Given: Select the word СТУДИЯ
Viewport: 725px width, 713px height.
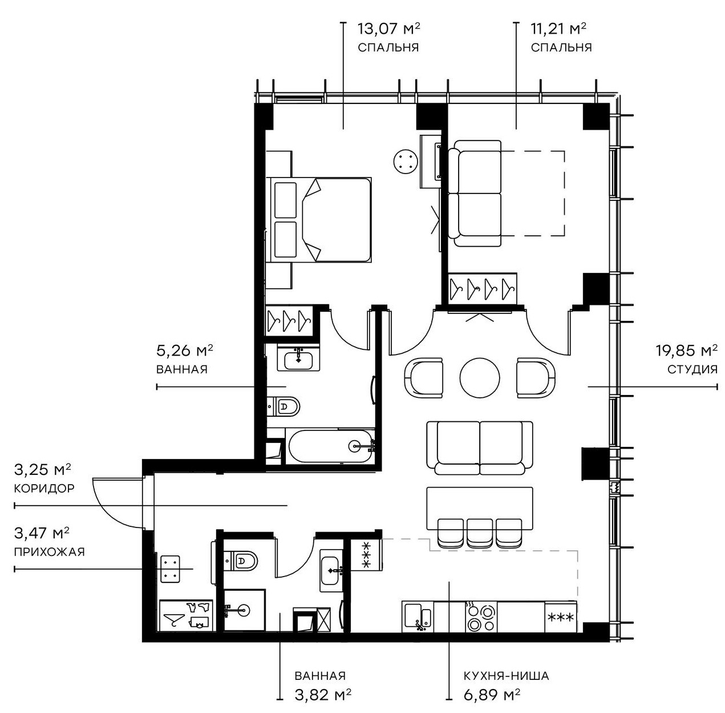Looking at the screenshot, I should [x=692, y=369].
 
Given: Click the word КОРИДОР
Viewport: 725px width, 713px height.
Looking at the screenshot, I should [x=44, y=489].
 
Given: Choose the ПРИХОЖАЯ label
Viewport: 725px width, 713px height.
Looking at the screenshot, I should [x=49, y=551].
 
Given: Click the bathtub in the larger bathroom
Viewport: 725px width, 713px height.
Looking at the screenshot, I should [x=331, y=447].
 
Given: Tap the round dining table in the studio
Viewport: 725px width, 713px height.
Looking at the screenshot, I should [x=480, y=377].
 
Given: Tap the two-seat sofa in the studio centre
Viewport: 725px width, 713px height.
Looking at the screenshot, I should [x=480, y=448].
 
